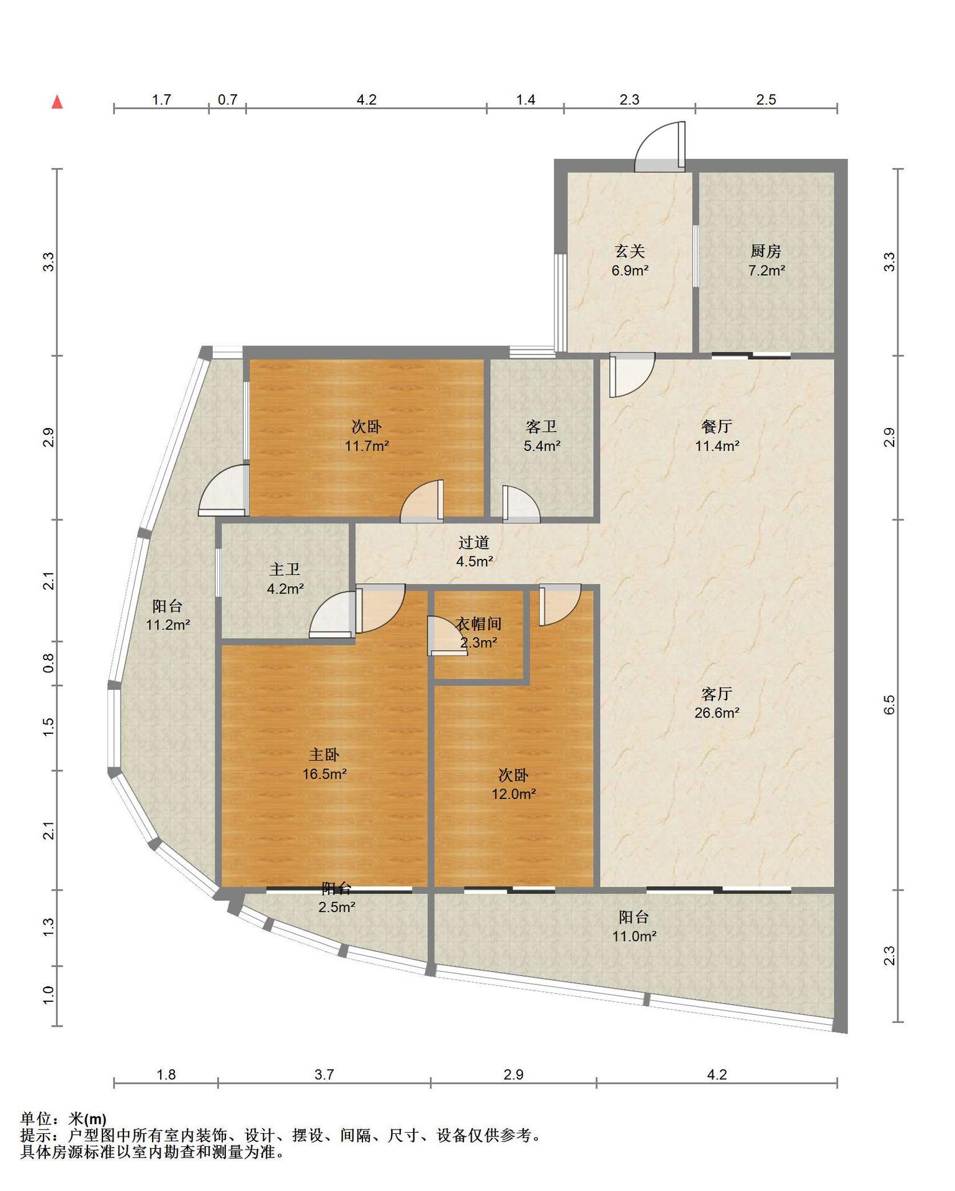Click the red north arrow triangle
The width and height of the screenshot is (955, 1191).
coord(57,102)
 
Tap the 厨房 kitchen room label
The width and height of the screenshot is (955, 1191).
coord(766,251)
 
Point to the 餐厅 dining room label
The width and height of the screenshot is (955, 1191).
coord(717,426)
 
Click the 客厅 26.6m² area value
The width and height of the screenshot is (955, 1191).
coord(717,713)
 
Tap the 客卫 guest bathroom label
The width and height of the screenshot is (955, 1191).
coord(541,426)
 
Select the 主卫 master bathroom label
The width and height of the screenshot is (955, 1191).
coord(285,569)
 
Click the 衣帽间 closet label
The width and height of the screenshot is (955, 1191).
coord(478,623)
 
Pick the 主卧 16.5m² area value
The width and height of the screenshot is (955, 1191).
coord(325,774)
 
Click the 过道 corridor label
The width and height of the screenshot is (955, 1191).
coord(474,542)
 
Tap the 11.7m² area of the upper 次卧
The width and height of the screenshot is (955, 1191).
coord(367,445)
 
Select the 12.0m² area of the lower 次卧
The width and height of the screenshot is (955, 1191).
coord(514,794)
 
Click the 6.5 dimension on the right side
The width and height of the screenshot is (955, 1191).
coord(889,705)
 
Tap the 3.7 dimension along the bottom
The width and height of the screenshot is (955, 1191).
coord(324,1074)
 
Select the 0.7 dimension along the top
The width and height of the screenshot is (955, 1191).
coord(227,99)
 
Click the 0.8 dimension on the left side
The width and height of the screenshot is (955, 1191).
coord(49,663)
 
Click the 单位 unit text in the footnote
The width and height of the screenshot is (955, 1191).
coord(35,1119)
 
